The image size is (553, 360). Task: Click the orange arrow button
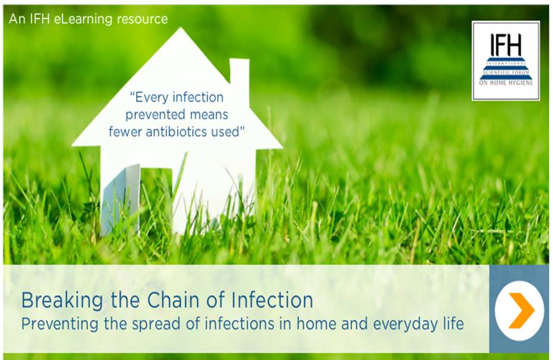pyautogui.click(x=519, y=309)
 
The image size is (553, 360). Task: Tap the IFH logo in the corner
pyautogui.click(x=505, y=60)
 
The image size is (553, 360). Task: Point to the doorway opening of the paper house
pyautogui.click(x=156, y=199)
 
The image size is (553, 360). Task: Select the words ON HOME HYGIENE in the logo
pyautogui.click(x=505, y=83)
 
